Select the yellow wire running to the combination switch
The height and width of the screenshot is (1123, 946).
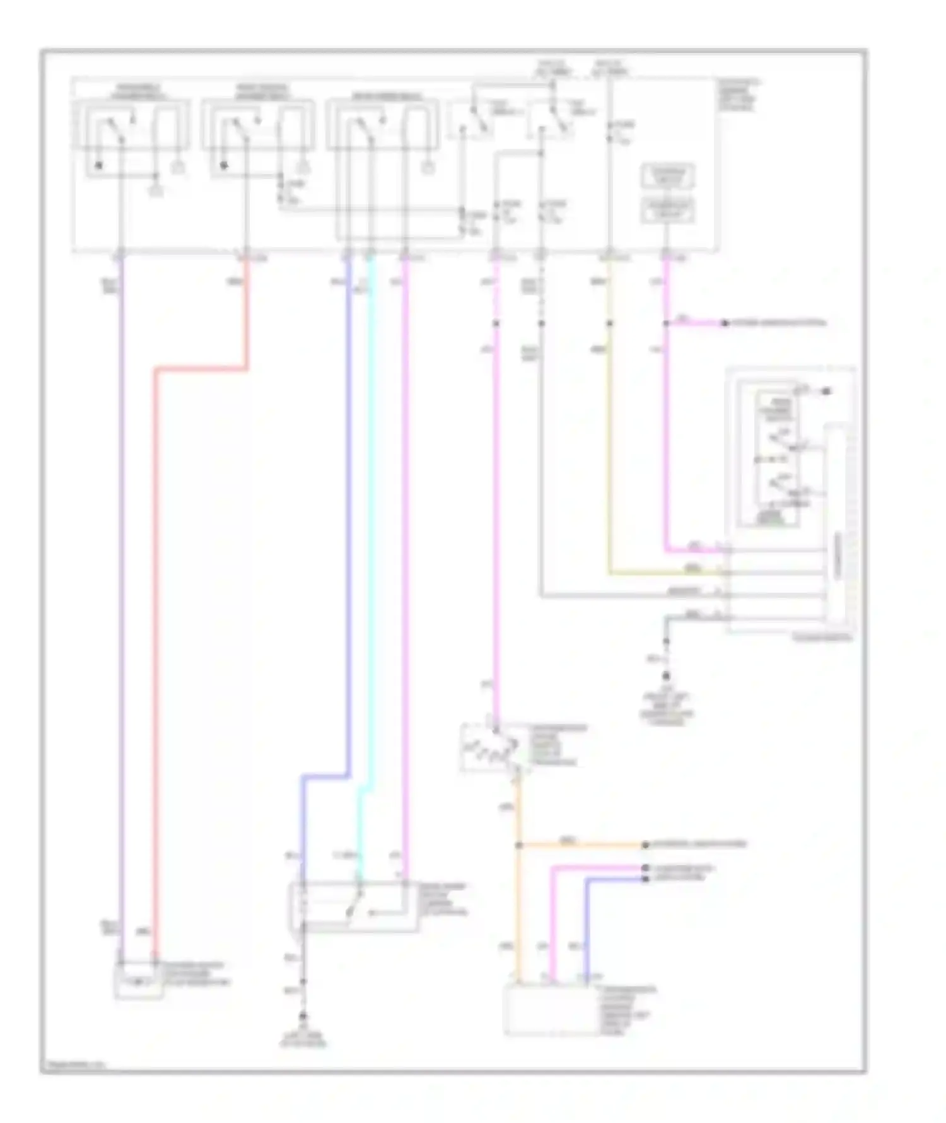609,441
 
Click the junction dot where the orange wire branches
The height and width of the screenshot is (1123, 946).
519,845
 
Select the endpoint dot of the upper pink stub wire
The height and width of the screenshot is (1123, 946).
725,323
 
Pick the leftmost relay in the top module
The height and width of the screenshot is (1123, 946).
131,125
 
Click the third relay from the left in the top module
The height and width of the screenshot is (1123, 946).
382,125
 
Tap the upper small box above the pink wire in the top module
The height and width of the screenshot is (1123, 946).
667,177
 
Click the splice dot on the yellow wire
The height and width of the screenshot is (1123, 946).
609,323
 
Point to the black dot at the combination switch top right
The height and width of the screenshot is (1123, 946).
827,392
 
